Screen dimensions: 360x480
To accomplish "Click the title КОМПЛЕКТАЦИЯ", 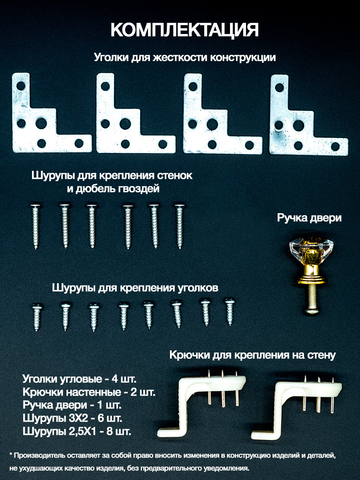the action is click(185, 30).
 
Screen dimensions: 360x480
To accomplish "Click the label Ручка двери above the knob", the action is click(309, 218).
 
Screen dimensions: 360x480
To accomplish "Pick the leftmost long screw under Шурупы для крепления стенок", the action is click(36, 227).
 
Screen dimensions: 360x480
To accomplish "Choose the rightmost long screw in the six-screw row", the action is click(180, 227).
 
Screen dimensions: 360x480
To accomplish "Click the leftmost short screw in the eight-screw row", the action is click(37, 317).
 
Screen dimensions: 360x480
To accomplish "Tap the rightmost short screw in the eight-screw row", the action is click(230, 312).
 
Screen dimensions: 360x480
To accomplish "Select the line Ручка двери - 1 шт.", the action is click(72, 405).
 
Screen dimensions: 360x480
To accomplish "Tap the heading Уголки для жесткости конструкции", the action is click(185, 58).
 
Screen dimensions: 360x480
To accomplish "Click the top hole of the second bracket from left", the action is click(105, 86).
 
